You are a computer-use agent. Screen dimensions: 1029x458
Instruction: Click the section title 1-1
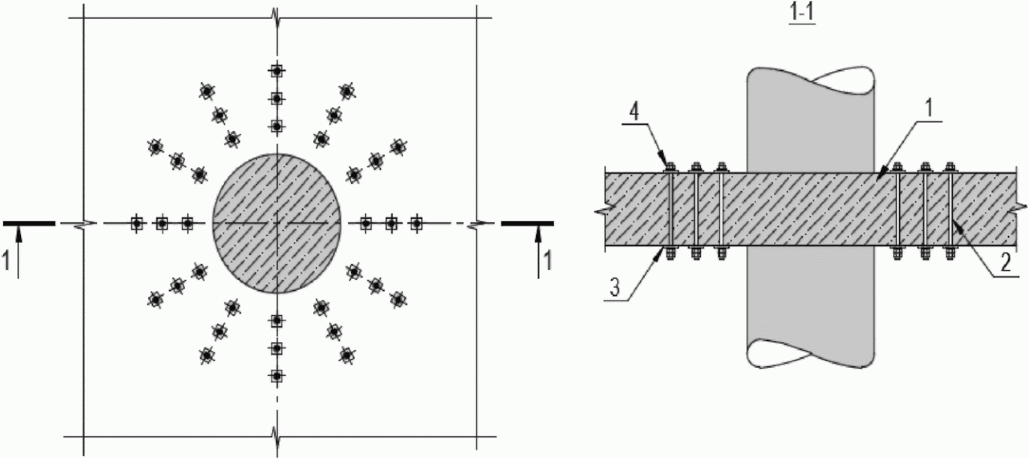point(802,14)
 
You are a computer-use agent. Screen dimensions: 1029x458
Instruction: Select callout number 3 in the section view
point(614,287)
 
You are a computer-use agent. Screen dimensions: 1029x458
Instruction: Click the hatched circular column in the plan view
point(276,223)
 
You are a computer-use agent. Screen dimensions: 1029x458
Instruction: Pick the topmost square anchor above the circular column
point(276,71)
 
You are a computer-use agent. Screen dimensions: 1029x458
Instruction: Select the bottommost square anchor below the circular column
point(276,376)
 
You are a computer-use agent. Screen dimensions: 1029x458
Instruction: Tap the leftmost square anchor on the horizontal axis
point(136,223)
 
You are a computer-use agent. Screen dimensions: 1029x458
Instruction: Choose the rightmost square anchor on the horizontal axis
point(417,223)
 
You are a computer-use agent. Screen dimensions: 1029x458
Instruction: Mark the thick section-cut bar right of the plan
point(527,223)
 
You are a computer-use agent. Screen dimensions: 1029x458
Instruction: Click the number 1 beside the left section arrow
point(7,259)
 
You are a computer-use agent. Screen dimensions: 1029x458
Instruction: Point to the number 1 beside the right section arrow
point(548,259)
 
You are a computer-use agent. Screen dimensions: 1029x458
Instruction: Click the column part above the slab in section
point(811,118)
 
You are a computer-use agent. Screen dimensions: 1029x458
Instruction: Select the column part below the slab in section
point(811,305)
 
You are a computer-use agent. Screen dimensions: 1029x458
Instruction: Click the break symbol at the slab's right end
point(1017,210)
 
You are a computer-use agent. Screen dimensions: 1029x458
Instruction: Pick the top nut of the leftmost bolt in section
point(670,167)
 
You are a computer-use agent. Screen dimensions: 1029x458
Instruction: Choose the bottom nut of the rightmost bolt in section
point(949,253)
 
